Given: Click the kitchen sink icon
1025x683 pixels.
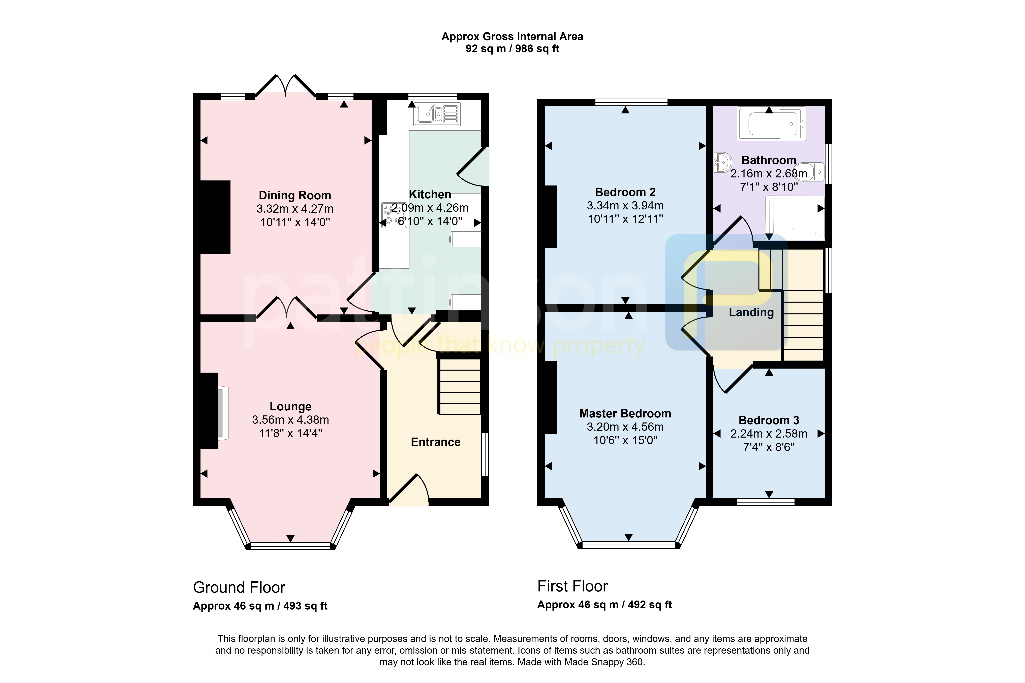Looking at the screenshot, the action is [437, 114].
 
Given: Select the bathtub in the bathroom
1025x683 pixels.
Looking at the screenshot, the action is [771, 124].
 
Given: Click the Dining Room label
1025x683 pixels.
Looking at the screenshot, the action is [295, 196].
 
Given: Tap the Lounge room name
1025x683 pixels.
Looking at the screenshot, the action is [291, 406].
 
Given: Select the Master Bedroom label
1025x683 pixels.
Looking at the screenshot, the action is [625, 413].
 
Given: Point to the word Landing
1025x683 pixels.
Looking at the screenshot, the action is [751, 312].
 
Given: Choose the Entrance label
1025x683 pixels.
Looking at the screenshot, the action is [436, 442].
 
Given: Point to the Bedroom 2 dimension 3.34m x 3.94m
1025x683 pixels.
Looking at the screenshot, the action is [625, 206].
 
